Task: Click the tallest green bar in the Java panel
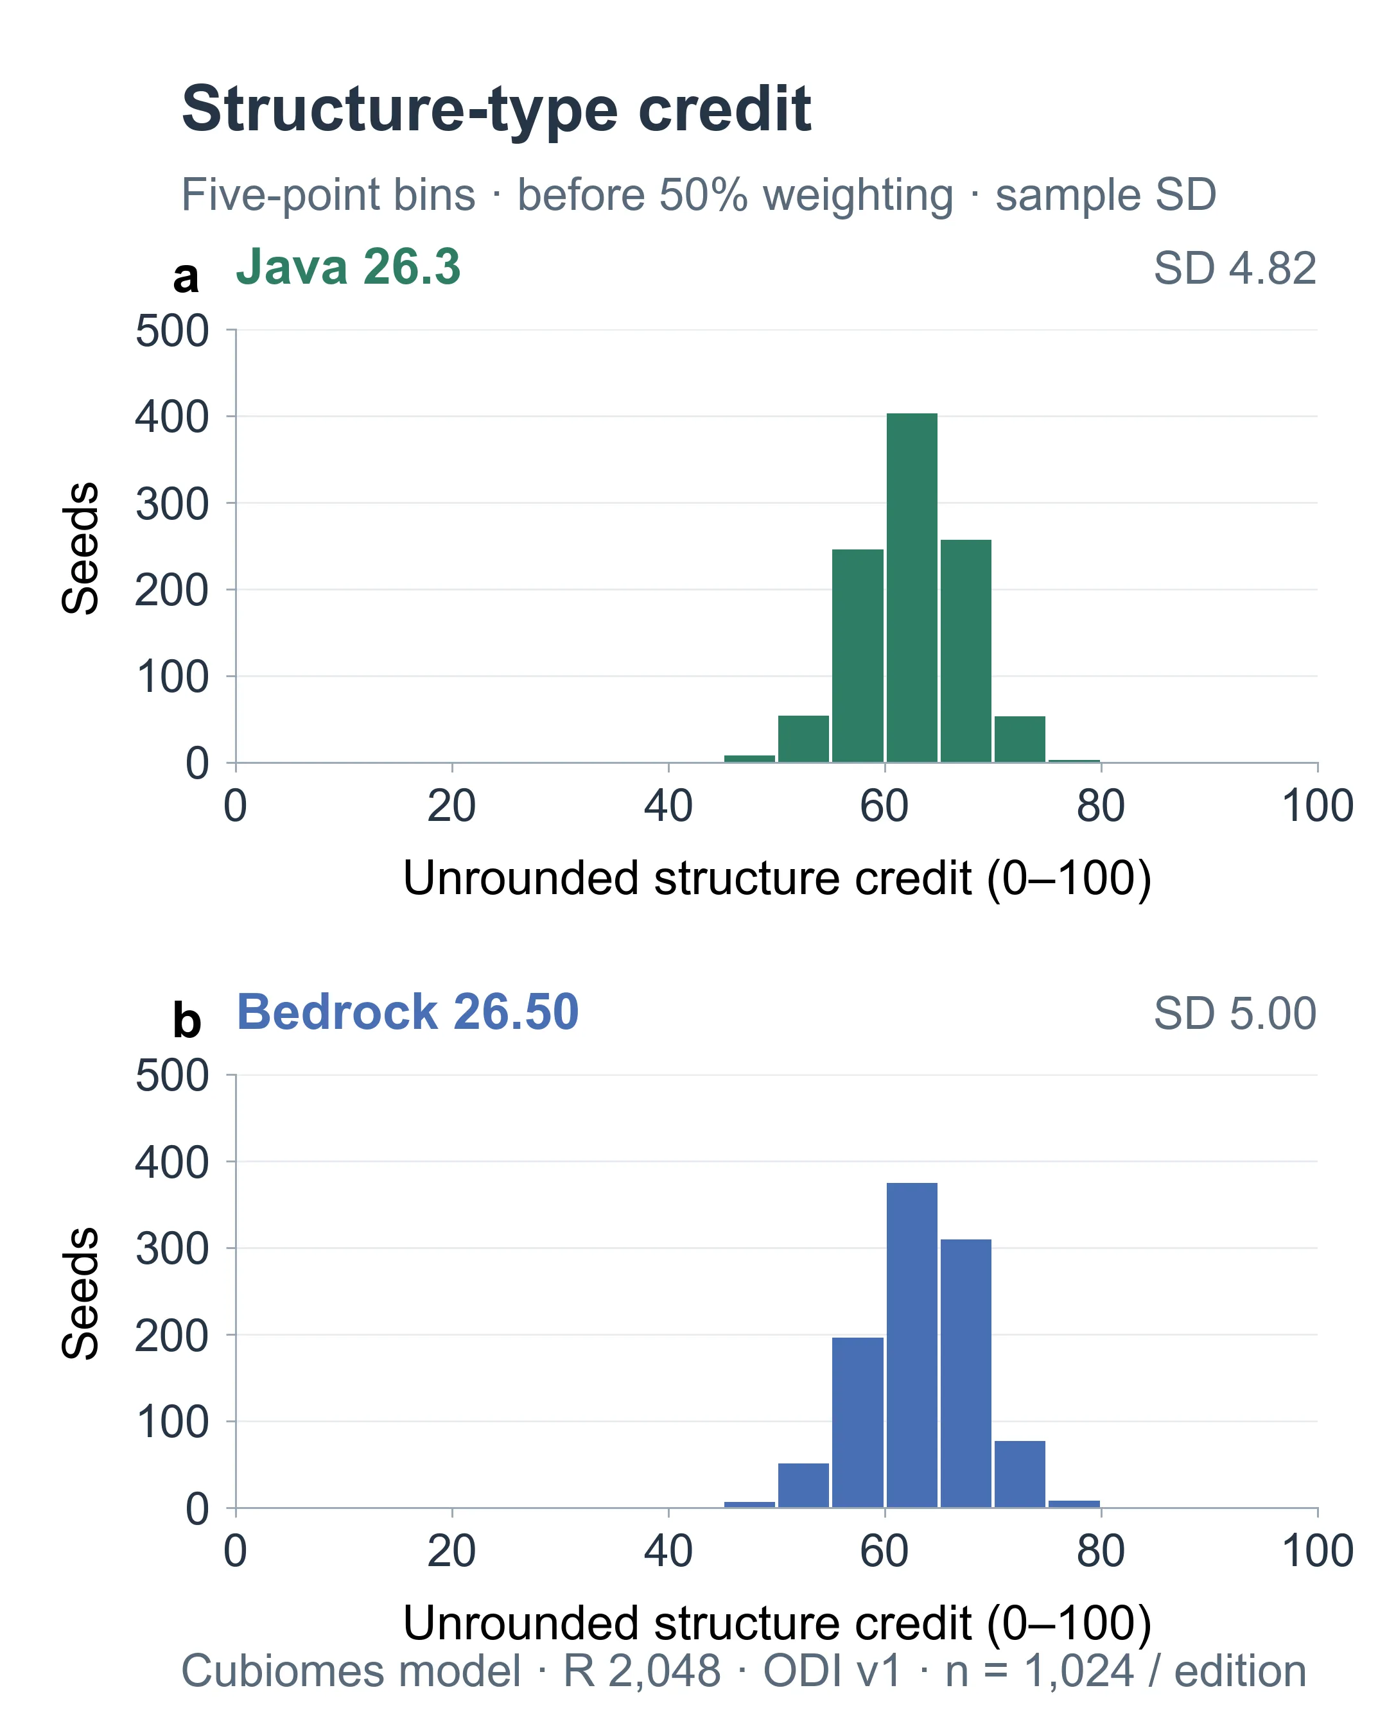[x=912, y=587]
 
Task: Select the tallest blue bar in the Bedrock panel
[x=912, y=1345]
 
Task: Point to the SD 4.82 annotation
[x=1235, y=268]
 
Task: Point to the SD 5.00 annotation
[x=1235, y=1013]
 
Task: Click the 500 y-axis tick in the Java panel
[x=172, y=331]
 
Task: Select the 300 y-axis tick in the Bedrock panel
[x=172, y=1249]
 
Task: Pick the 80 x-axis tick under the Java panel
[x=1101, y=806]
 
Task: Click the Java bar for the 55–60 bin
[x=858, y=656]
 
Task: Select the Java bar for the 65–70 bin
[x=966, y=651]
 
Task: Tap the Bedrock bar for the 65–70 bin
[x=966, y=1373]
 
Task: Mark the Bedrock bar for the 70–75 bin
[x=1020, y=1474]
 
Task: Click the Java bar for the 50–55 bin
[x=803, y=739]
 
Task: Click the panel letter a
[x=186, y=278]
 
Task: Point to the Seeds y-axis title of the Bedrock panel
[x=80, y=1293]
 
